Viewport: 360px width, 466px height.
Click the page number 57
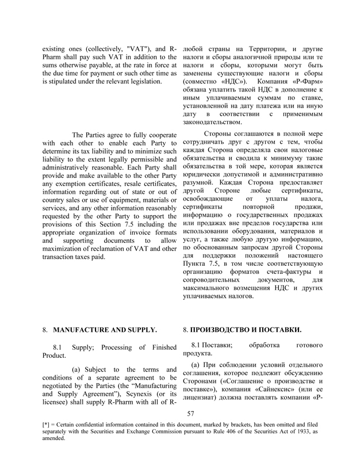(192, 413)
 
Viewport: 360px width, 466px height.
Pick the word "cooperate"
(158, 133)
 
